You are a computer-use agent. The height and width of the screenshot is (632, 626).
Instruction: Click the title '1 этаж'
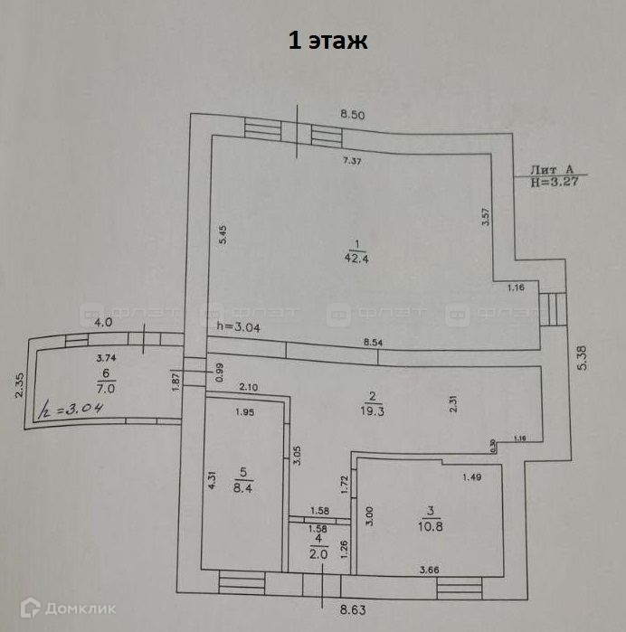(327, 41)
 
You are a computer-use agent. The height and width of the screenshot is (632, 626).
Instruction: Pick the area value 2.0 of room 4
(318, 554)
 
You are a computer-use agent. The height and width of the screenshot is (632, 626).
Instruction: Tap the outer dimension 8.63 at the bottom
(355, 611)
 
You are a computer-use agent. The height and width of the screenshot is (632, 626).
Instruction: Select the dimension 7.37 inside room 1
(352, 161)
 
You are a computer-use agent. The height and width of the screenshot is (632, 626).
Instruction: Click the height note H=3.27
(555, 181)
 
